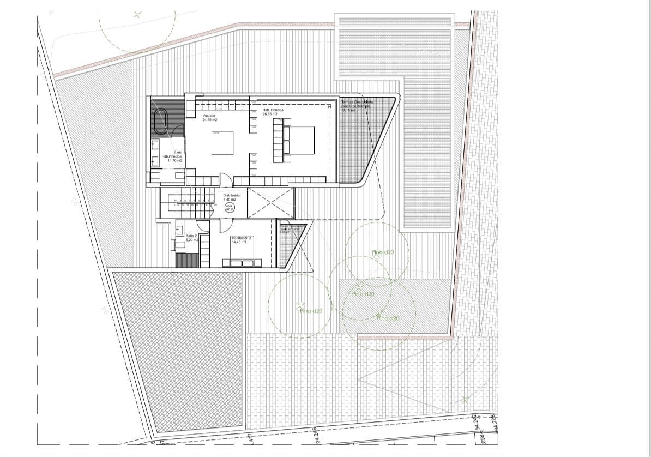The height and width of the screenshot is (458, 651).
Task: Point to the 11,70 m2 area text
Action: click(174, 161)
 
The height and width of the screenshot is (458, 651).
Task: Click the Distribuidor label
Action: click(232, 195)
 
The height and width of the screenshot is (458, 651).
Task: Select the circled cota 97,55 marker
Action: click(229, 208)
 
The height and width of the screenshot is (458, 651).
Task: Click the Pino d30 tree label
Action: click(388, 318)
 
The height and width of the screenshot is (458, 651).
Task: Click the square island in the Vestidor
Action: click(224, 143)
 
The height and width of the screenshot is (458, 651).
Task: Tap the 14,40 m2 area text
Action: click(239, 243)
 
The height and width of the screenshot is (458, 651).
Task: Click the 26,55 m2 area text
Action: click(270, 114)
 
